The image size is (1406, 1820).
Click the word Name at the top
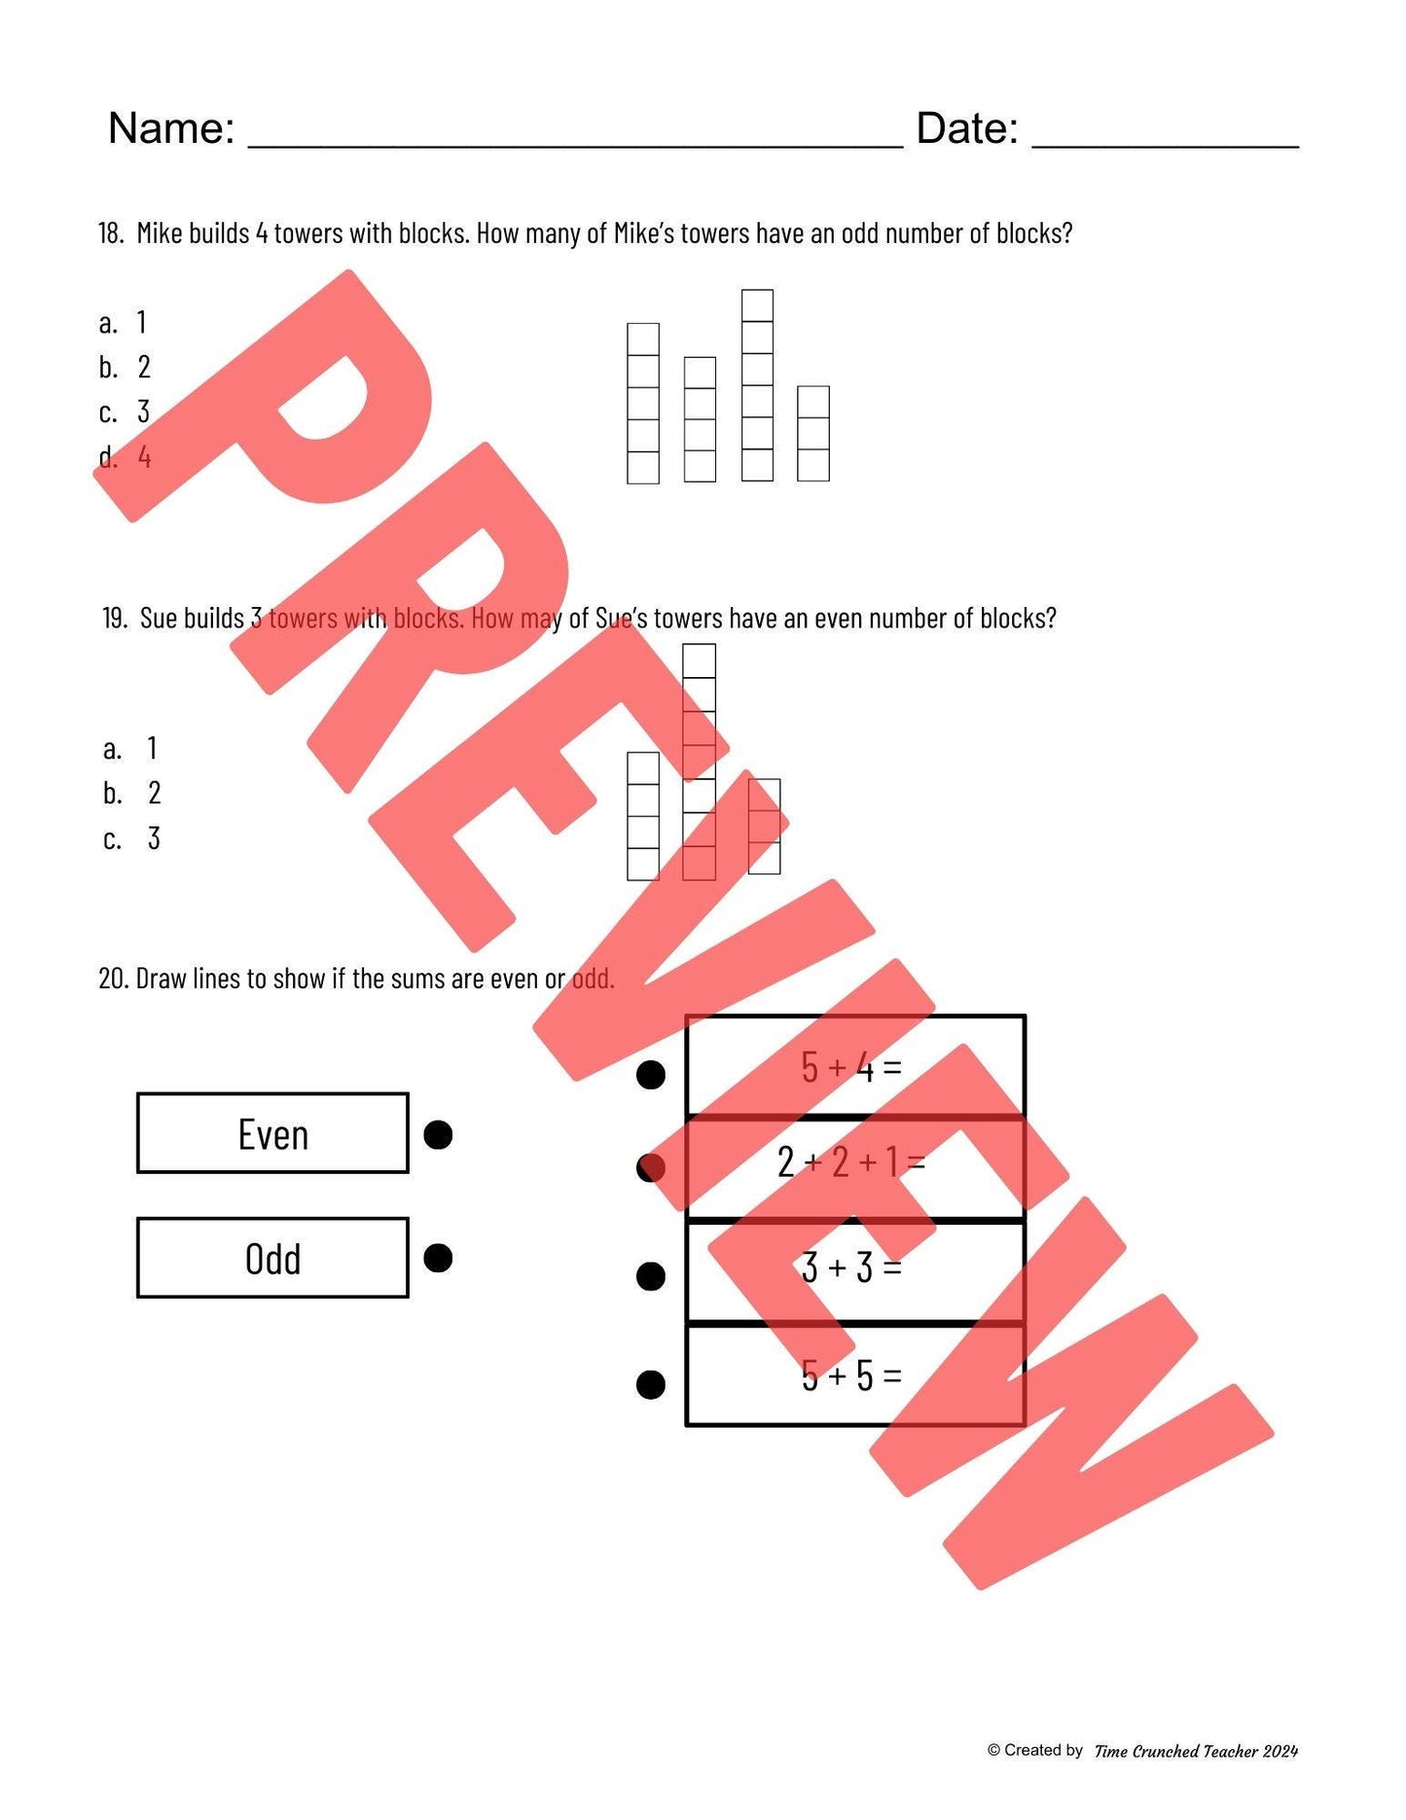point(170,128)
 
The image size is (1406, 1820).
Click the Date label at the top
point(966,128)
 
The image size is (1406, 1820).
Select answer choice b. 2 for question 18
point(126,367)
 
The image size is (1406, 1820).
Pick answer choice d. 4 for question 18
point(126,456)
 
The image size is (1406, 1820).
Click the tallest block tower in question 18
point(757,385)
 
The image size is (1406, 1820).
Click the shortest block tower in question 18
point(813,434)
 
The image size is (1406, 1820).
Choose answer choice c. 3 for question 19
point(132,838)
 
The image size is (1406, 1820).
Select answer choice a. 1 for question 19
point(130,748)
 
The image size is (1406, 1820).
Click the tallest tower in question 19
point(699,762)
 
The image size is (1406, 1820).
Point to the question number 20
point(113,979)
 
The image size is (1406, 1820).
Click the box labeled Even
point(272,1133)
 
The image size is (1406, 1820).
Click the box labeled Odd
point(272,1258)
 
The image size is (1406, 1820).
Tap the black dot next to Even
point(438,1134)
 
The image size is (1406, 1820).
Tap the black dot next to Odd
point(438,1258)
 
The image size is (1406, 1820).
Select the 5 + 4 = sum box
point(854,1066)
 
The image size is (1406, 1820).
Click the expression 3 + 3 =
point(851,1267)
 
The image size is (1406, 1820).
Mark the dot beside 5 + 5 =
point(650,1383)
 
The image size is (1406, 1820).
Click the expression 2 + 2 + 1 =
point(851,1161)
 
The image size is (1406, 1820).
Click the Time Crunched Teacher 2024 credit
point(1196,1751)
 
